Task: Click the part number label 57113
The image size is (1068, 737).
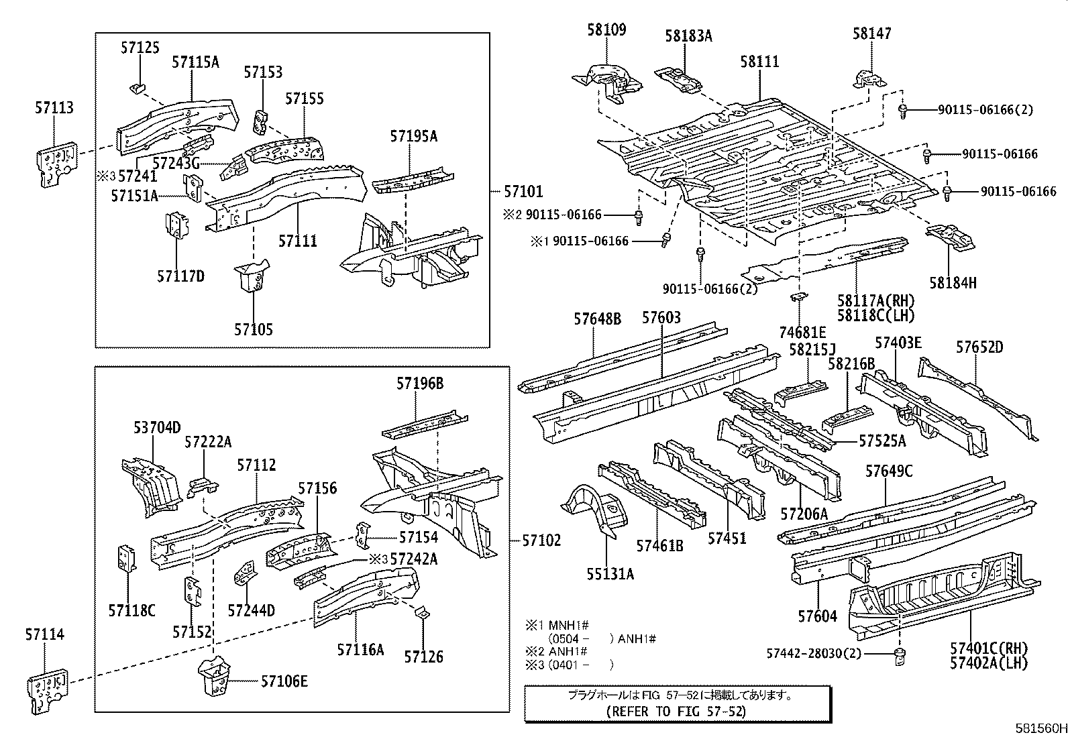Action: [x=54, y=108]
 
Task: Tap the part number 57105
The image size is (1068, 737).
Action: [x=254, y=329]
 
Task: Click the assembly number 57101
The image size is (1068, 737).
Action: [x=523, y=192]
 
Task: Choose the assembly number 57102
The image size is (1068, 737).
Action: [x=541, y=541]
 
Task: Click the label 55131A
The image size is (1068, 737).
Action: [x=610, y=573]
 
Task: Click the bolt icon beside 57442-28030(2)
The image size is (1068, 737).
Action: [x=900, y=656]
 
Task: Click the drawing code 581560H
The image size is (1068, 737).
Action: [x=1039, y=728]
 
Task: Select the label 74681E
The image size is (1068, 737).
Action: [x=802, y=332]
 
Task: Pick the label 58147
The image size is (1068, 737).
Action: [x=872, y=33]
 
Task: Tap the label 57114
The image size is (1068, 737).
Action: [x=45, y=634]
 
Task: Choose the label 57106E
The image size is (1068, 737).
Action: [x=284, y=681]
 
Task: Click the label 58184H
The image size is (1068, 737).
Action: [x=953, y=282]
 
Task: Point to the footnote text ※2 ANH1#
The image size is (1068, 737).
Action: [x=556, y=651]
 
